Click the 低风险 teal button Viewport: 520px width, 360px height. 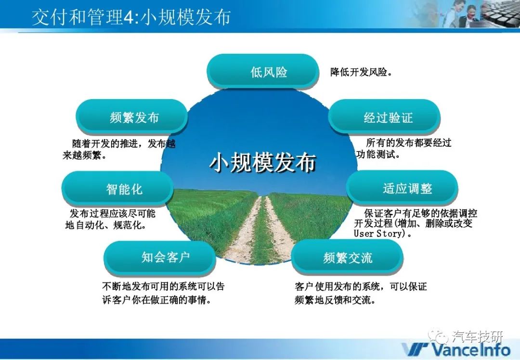tap(263, 71)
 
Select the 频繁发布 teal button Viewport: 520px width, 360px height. tap(131, 116)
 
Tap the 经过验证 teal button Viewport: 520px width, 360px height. tap(384, 116)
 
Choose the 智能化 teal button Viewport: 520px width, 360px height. tap(117, 188)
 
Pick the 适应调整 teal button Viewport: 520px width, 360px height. tap(402, 188)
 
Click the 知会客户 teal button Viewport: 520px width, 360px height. tap(160, 257)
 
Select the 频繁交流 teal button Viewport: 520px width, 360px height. tap(347, 257)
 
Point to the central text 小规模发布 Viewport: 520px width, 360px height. tap(263, 162)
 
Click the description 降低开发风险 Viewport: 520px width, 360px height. tap(361, 72)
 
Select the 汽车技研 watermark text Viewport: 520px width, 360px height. tap(478, 336)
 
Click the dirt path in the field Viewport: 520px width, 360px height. tap(262, 229)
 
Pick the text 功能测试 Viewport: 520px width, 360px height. tap(378, 154)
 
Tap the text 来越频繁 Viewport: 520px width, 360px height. tap(84, 155)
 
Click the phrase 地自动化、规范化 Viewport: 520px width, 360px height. tap(106, 225)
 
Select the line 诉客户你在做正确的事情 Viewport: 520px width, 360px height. tap(156, 300)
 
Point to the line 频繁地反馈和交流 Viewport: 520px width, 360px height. tap(335, 300)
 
